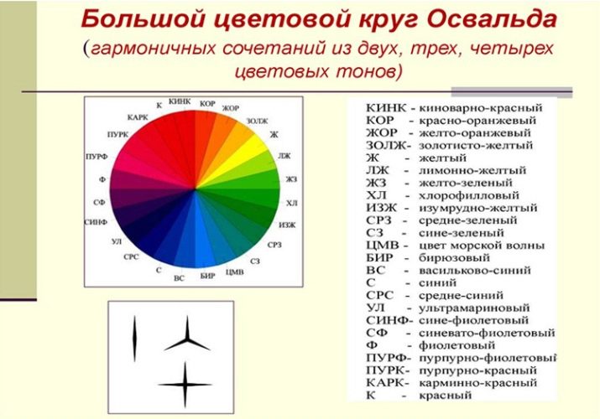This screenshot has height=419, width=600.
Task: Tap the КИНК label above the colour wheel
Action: pos(180,101)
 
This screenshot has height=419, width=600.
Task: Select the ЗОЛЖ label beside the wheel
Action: pos(257,121)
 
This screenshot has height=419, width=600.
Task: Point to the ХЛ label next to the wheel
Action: pos(291,203)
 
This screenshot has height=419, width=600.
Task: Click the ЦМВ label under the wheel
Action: pos(235,272)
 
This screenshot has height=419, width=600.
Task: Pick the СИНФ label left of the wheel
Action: pos(96,222)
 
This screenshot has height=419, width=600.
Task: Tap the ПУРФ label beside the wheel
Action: pos(97,157)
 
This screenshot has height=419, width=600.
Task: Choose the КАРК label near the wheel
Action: pos(138,117)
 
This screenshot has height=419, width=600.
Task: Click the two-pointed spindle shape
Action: pos(134,339)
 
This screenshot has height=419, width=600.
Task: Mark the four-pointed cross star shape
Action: pos(185,385)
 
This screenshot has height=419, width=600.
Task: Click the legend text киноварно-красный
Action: pos(481,108)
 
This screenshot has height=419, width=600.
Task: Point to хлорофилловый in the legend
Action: pos(469,195)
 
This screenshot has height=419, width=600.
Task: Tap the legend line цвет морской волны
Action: pos(482,246)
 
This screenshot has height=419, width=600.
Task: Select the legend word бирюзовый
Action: pos(454,258)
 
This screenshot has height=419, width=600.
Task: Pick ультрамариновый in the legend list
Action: pos(474,308)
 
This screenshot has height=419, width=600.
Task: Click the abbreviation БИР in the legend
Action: pos(379,258)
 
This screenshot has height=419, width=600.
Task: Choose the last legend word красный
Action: pos(446,396)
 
